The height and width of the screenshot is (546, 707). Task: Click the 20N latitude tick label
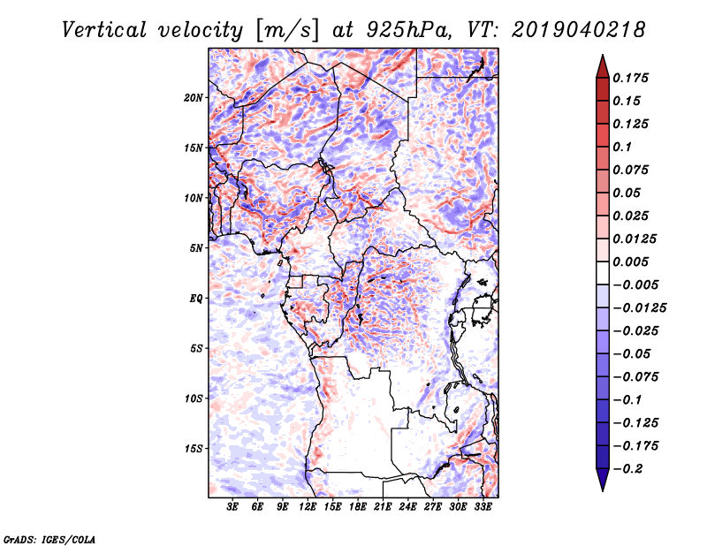(x=194, y=97)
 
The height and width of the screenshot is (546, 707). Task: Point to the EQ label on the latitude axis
(x=196, y=298)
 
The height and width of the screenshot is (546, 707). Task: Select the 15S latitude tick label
(x=194, y=448)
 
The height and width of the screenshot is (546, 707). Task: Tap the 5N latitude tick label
(x=196, y=248)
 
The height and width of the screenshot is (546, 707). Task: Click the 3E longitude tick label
(x=233, y=507)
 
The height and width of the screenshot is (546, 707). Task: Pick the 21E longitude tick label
(x=384, y=507)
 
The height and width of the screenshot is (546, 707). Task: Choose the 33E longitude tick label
(x=483, y=507)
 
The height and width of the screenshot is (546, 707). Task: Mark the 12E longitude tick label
(x=308, y=507)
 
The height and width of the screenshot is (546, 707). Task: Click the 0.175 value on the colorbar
(x=633, y=78)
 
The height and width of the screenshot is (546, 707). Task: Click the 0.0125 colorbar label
(x=636, y=239)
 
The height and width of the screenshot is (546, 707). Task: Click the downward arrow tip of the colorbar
(x=601, y=489)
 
